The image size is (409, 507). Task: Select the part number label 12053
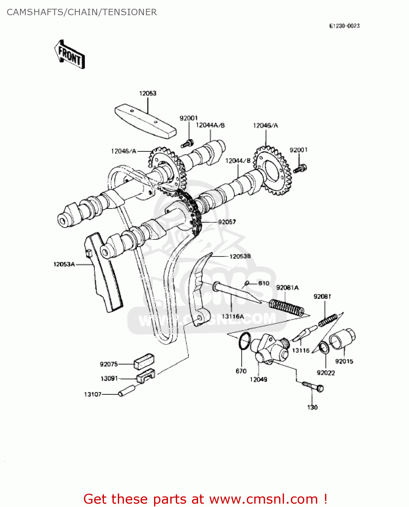coord(148,93)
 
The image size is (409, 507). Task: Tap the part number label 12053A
coord(64,264)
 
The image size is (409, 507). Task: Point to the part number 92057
coord(227,222)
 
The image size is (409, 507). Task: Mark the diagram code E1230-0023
coord(344,26)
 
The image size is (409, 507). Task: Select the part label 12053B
coord(240,257)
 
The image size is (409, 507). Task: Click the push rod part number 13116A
coord(233,317)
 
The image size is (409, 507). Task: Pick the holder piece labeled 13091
coord(146,376)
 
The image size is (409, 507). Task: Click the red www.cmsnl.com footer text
coord(263,499)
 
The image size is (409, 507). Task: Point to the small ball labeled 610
coord(247,283)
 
